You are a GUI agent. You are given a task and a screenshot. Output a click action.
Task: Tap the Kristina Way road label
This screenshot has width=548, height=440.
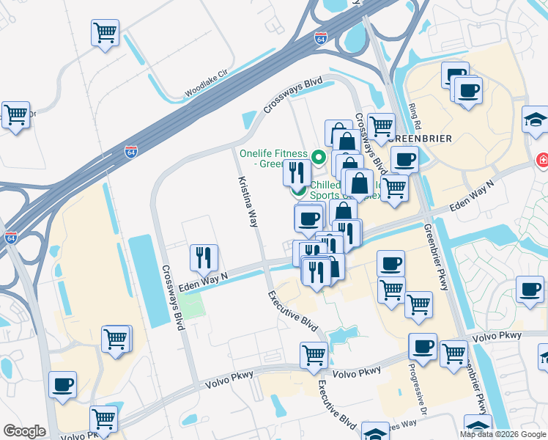coord(248,201)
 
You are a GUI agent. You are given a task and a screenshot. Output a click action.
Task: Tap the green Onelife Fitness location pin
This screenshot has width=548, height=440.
coord(318,155)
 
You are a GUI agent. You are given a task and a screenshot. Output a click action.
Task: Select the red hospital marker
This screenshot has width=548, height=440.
coord(543,159)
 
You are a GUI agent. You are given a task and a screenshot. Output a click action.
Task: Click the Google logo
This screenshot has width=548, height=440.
coord(23,431)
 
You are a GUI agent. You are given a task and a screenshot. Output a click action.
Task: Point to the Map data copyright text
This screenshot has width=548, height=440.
coord(503,434)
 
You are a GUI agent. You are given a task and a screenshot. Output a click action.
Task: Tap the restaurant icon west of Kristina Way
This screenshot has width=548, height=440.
coord(203,257)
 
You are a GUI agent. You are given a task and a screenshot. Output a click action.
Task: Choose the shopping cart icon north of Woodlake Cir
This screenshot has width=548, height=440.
coord(105,32)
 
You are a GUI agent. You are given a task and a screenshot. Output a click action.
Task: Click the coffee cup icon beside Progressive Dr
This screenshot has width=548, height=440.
coord(422,345)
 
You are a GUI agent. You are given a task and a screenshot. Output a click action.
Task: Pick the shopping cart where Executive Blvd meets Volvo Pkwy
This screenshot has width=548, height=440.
coord(314,354)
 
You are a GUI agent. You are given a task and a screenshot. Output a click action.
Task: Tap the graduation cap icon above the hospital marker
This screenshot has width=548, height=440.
coord(535,119)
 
